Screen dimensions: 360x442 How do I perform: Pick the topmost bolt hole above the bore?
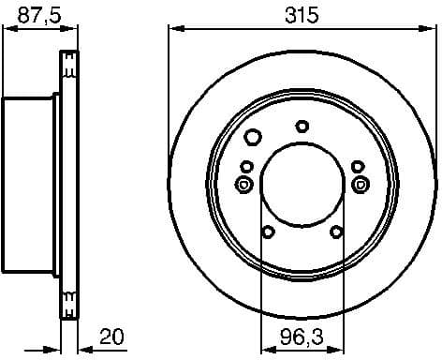pos(302,125)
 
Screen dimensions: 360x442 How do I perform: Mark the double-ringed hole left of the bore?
pos(245,184)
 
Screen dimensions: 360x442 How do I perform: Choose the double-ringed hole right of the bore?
pos(359,184)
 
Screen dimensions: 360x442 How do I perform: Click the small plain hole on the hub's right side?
pos(358,168)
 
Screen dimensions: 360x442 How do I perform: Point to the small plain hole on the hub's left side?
pos(246,168)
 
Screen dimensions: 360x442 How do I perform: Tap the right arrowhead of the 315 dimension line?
pos(430,29)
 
